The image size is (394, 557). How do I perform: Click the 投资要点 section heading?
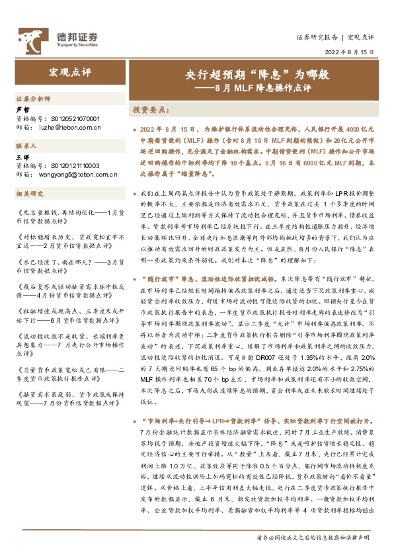point(151,108)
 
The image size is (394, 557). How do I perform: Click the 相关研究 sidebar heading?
point(30,193)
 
